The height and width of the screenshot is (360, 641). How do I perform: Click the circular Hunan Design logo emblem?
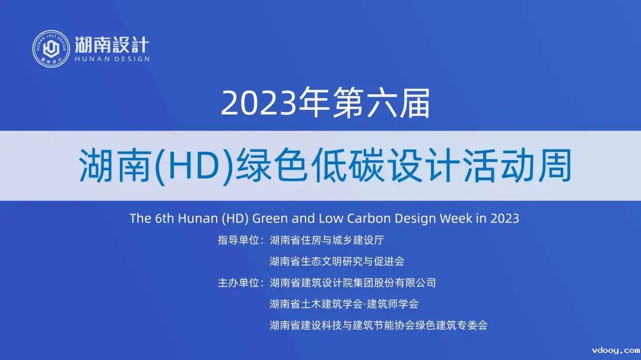51,49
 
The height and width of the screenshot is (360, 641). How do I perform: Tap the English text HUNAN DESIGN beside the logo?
112,59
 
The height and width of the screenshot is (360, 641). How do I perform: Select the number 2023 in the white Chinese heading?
258,103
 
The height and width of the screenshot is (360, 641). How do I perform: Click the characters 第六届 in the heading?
381,103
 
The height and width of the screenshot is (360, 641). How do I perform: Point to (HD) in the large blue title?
194,166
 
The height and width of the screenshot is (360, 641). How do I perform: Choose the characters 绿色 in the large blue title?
272,165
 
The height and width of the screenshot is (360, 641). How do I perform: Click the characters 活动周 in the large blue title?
518,165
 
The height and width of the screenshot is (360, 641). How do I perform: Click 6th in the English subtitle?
164,218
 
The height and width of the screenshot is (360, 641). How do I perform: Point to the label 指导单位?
239,240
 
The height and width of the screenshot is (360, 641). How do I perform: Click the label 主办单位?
239,283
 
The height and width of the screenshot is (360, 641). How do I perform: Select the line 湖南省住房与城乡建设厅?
327,240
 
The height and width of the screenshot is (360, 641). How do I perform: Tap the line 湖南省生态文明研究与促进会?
337,262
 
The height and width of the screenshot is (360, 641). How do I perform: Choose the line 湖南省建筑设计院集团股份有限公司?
353,283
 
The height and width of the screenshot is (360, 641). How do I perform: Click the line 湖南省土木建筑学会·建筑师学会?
344,304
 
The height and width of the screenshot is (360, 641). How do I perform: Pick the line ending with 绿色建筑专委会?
379,325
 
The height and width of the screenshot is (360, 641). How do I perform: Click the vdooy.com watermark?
616,350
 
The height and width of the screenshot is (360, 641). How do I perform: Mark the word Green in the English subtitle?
270,218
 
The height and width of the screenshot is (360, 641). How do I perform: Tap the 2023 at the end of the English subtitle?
505,218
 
